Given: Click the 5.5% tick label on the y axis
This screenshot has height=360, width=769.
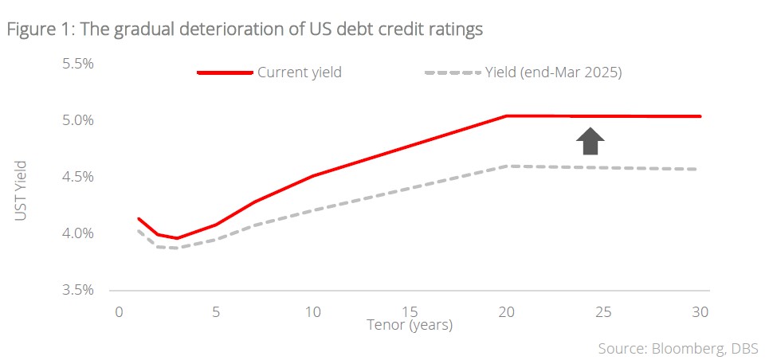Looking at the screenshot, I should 78,63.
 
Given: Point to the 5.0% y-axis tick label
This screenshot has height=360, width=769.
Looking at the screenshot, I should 78,120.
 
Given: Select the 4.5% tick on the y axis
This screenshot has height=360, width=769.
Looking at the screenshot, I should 78,177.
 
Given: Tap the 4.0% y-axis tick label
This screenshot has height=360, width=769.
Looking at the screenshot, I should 78,233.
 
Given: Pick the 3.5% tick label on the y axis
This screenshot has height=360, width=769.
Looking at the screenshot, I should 78,290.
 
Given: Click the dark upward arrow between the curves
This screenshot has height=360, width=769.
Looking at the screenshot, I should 590,140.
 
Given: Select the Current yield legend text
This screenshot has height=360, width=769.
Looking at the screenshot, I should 299,72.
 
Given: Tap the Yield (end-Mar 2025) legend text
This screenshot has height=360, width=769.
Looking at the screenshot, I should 553,72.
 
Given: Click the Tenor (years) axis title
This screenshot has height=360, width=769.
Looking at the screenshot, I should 410,325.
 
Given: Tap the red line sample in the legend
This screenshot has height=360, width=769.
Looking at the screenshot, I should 225,72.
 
